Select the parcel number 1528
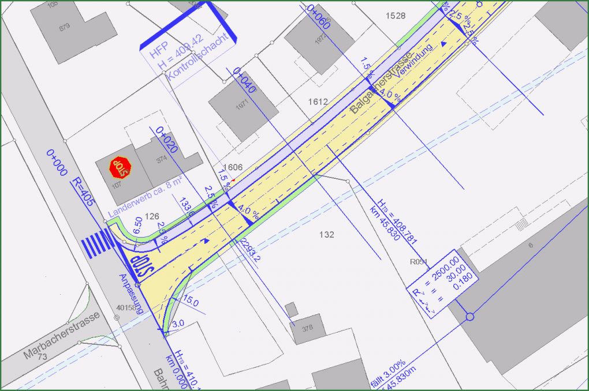396,16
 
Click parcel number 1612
318,101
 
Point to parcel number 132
326,235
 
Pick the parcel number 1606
233,167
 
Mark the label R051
418,261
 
